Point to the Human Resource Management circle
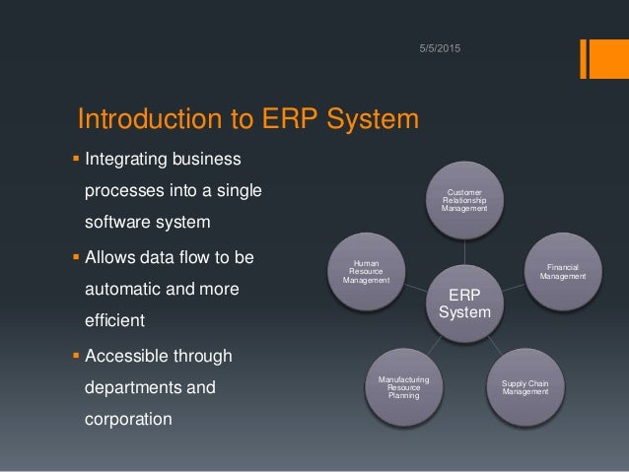click(x=367, y=271)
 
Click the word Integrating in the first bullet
click(x=129, y=160)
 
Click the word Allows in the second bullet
click(x=113, y=258)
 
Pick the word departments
click(x=136, y=387)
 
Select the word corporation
click(x=128, y=419)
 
